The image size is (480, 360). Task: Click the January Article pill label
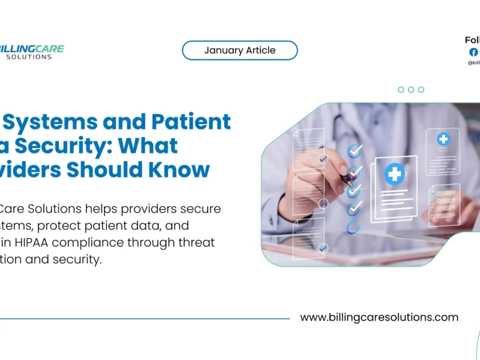click(239, 50)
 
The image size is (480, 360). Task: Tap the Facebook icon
click(473, 52)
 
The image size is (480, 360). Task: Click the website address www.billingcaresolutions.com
click(379, 317)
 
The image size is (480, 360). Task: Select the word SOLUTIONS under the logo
click(29, 57)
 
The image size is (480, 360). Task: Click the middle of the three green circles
click(411, 89)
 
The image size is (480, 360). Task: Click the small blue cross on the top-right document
click(443, 139)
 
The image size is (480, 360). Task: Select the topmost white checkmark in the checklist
click(354, 150)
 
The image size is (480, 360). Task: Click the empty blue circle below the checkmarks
click(353, 226)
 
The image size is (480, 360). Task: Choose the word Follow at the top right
click(472, 40)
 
